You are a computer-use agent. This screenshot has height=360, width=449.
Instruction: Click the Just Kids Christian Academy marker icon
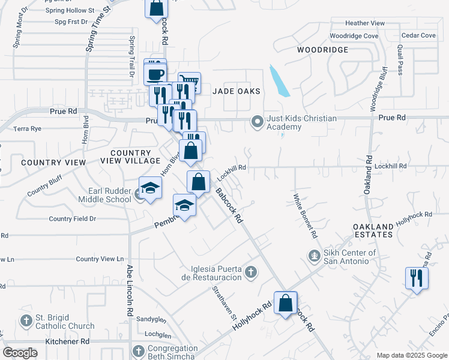point(258,122)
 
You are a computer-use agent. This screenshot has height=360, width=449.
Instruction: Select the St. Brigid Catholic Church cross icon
point(26,320)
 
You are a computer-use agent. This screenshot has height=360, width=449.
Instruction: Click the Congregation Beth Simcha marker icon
point(138,352)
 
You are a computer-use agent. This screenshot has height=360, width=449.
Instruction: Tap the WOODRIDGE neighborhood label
point(322,50)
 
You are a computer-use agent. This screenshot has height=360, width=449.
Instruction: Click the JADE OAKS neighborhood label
point(237,91)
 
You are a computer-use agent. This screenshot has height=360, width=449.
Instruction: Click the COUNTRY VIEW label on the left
point(49,163)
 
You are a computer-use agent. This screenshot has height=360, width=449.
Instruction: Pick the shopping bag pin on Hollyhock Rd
point(286,303)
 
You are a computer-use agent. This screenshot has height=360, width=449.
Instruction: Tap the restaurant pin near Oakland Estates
point(417,278)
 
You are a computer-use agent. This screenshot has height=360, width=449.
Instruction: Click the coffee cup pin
point(156,74)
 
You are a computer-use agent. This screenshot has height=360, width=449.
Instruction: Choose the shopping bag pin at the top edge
point(156,8)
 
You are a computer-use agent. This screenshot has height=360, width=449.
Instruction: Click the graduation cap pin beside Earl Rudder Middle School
point(151,188)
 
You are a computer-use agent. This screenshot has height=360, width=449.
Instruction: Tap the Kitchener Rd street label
point(67,341)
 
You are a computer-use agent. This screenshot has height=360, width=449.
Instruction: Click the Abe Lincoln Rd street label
point(129,291)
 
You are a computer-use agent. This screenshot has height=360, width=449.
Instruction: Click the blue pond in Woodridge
point(279,81)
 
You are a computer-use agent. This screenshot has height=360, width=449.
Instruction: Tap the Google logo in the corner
point(20,353)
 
